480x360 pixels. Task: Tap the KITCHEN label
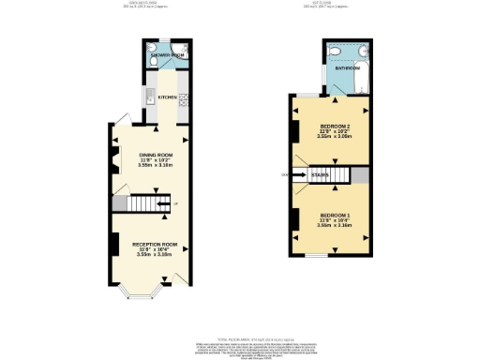(x=167, y=97)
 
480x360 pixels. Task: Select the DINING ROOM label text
(x=156, y=155)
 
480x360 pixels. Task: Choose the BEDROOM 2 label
(x=335, y=126)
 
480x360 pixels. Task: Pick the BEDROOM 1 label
(x=335, y=215)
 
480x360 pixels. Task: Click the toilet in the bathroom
(x=334, y=52)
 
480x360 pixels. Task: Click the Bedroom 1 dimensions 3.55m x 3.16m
(x=335, y=225)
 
